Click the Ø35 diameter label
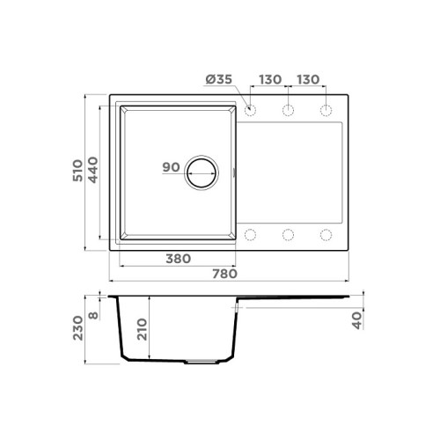[x=219, y=79]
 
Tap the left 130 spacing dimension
[x=270, y=79]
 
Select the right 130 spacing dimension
[x=308, y=79]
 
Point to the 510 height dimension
[x=78, y=171]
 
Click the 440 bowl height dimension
[x=93, y=170]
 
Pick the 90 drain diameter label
[x=171, y=167]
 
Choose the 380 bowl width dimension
[x=179, y=259]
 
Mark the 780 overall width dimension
[x=224, y=274]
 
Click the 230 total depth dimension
[x=78, y=328]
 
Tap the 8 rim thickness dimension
[x=93, y=316]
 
